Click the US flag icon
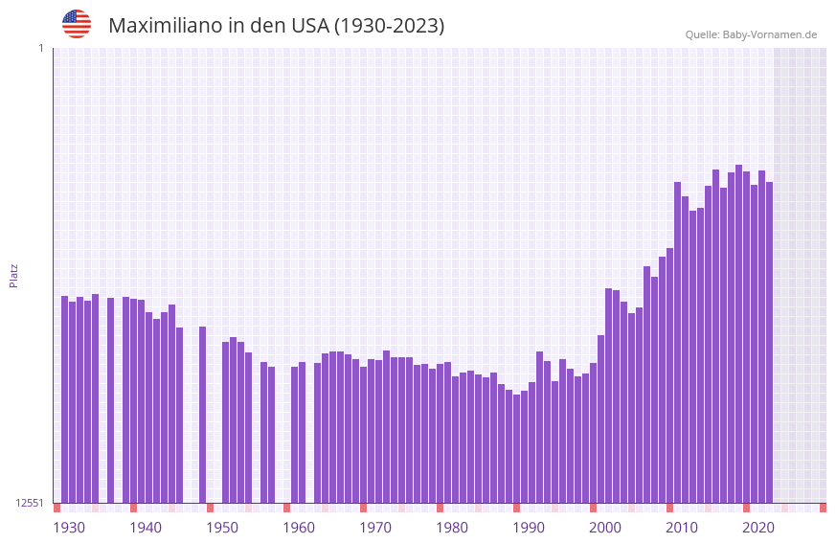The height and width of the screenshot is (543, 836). [x=77, y=24]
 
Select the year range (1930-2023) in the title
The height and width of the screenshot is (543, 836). [x=389, y=26]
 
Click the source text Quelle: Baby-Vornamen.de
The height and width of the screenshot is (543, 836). [x=751, y=34]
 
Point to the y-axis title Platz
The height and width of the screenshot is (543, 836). [x=13, y=275]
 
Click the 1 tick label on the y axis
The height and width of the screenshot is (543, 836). [x=40, y=48]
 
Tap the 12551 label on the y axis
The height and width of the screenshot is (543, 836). [x=30, y=503]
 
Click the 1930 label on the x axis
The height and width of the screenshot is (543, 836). [x=69, y=528]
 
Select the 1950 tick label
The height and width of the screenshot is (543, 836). [x=222, y=528]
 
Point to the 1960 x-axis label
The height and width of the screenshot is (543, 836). [x=299, y=528]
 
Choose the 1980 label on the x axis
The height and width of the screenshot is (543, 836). [x=452, y=528]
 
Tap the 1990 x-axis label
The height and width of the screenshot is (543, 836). [x=529, y=528]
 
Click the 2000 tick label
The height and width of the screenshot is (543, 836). [x=605, y=528]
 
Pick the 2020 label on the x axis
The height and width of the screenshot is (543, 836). [x=758, y=528]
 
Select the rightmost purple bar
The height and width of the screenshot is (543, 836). [x=769, y=343]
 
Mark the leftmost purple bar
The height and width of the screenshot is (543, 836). [x=65, y=399]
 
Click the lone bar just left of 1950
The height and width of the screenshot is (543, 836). [x=203, y=415]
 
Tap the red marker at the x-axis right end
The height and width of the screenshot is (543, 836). [x=823, y=508]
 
